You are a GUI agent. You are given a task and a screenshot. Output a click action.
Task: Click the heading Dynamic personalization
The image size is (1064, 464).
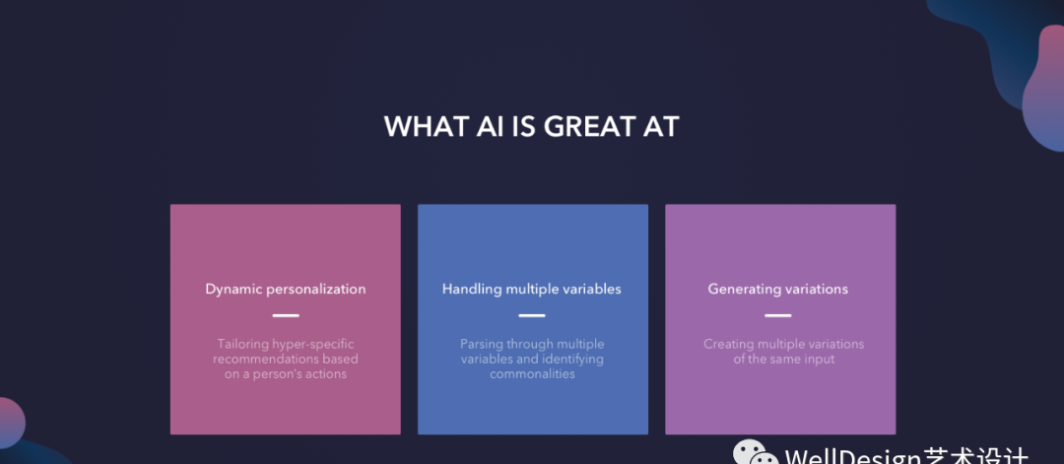click(x=286, y=289)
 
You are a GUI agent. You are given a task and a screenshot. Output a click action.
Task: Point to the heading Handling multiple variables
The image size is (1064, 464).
click(x=532, y=289)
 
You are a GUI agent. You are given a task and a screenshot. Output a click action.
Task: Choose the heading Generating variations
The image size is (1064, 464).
click(x=778, y=289)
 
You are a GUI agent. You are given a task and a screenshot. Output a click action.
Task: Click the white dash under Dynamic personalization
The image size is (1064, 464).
click(x=286, y=315)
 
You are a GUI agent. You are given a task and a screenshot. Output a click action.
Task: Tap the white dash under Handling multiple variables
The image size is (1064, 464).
click(x=532, y=315)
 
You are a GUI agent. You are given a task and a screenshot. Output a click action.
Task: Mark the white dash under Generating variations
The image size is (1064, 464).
click(x=778, y=315)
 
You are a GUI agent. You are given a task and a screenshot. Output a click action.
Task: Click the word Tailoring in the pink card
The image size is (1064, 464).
click(x=242, y=345)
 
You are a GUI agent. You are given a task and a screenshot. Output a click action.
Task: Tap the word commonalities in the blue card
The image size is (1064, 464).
click(x=533, y=373)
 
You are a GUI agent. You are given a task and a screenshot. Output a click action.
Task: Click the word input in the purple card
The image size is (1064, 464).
click(x=820, y=359)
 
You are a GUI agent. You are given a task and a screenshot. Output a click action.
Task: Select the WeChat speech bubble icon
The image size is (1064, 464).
click(x=755, y=454)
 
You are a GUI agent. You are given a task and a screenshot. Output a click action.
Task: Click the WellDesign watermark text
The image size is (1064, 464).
click(x=906, y=455)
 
